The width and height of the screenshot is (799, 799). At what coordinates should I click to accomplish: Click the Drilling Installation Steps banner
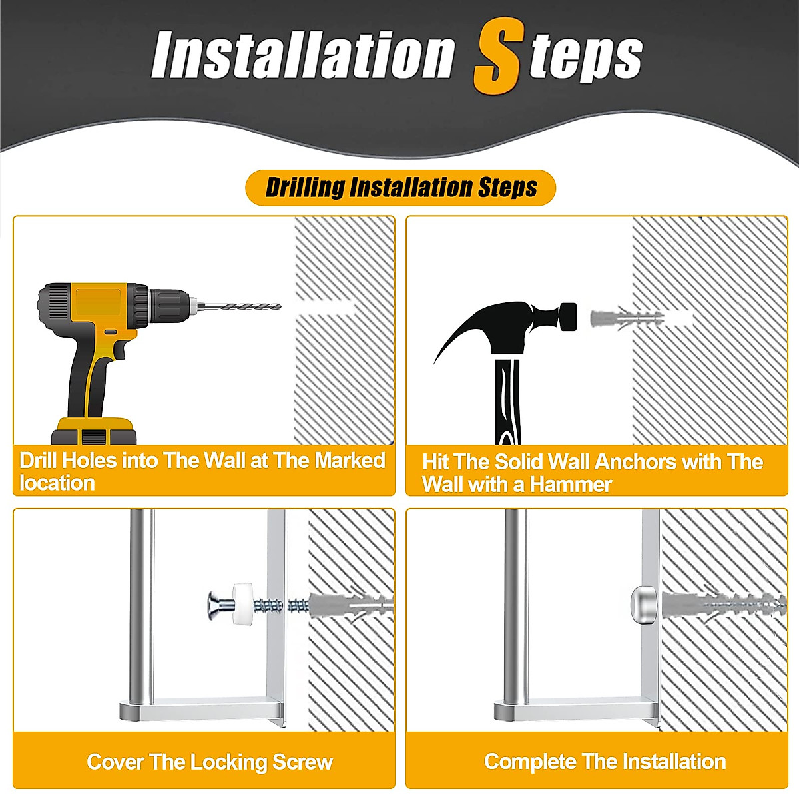pos(401,188)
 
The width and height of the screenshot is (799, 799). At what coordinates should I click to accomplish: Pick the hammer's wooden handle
pos(507,400)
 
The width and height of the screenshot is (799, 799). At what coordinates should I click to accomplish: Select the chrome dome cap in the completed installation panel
pos(643,604)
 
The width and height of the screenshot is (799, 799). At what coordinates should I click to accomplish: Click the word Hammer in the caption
pos(571,485)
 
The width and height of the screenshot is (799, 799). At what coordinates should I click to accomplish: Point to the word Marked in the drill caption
pos(349,460)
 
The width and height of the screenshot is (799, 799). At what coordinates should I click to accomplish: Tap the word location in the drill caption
pos(57,483)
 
